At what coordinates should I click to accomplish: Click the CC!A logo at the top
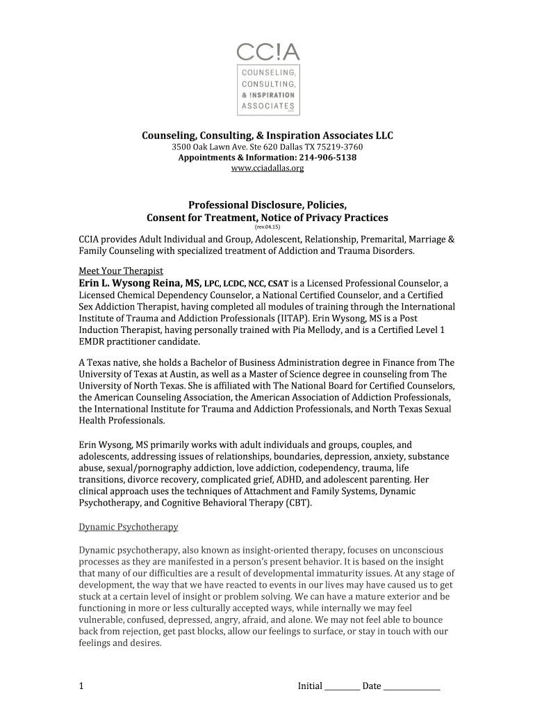tap(267, 77)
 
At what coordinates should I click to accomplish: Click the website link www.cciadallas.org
tap(267, 168)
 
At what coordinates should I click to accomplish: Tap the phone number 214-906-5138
tap(327, 158)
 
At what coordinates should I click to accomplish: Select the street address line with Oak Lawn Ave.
tap(267, 147)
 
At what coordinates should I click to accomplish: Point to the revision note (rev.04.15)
tap(267, 227)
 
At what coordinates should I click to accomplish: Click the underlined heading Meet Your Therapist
tap(120, 270)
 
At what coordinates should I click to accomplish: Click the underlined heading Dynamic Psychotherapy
tap(128, 526)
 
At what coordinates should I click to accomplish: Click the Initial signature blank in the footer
tap(342, 686)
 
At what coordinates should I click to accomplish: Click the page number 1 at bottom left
tap(81, 686)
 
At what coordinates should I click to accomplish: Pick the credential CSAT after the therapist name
tap(278, 284)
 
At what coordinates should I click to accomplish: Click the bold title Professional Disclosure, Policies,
tap(267, 205)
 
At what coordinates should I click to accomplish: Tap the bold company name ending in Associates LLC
tap(267, 135)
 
